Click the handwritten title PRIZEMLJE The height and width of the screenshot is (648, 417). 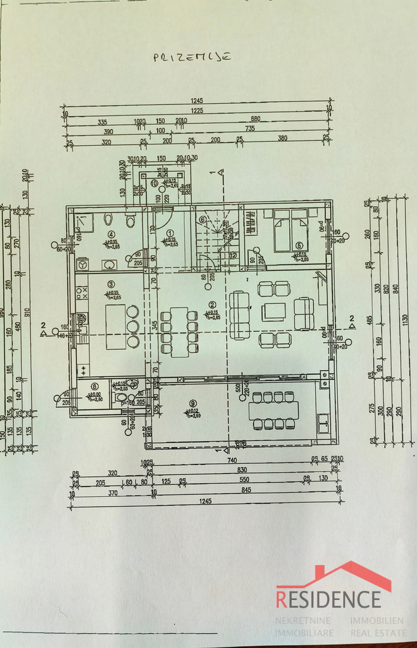tap(192, 58)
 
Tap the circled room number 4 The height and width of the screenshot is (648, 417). tap(110, 235)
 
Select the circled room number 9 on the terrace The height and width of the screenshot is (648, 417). tap(192, 403)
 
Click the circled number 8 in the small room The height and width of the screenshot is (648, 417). tap(94, 387)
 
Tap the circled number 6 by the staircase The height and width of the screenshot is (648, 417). tap(203, 220)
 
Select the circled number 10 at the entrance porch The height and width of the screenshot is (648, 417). tap(154, 184)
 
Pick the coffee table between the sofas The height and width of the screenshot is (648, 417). tap(274, 311)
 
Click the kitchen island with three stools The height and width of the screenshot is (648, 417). tap(116, 327)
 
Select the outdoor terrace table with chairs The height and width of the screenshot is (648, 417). tap(273, 410)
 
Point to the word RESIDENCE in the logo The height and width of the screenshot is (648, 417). tap(328, 599)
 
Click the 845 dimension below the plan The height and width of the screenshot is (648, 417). tap(247, 488)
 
